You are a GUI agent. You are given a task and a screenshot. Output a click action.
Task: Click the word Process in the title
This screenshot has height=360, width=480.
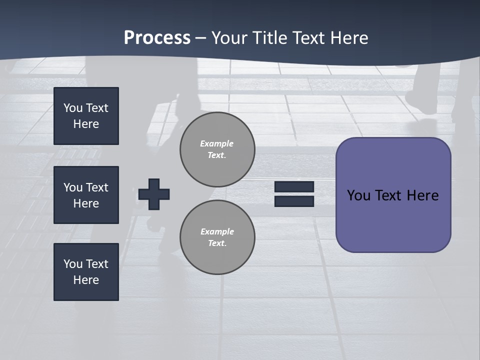point(157,37)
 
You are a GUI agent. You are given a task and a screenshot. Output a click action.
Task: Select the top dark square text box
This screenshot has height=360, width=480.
point(86,116)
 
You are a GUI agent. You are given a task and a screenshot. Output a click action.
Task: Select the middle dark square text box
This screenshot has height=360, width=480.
point(86,195)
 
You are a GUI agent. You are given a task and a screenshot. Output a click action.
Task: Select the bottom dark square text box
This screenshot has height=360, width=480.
point(86,272)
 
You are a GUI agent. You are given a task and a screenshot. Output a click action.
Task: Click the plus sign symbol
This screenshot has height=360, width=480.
point(154,194)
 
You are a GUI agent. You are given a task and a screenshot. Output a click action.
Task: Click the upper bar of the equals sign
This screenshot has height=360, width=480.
point(294,187)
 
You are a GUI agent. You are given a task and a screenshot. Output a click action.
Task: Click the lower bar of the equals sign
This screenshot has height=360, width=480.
point(294,201)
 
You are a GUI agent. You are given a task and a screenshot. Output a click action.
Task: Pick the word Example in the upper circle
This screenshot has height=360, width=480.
point(216,143)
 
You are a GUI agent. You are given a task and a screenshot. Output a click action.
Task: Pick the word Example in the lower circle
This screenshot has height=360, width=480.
point(217,231)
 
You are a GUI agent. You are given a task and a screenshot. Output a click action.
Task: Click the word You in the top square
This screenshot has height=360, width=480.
point(73,108)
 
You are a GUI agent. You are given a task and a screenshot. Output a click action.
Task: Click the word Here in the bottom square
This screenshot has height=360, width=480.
point(86,280)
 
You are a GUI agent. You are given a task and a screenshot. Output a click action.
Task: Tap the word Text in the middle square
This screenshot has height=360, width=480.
point(96,187)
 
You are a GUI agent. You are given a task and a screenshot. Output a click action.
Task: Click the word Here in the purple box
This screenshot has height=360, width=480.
point(422,195)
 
